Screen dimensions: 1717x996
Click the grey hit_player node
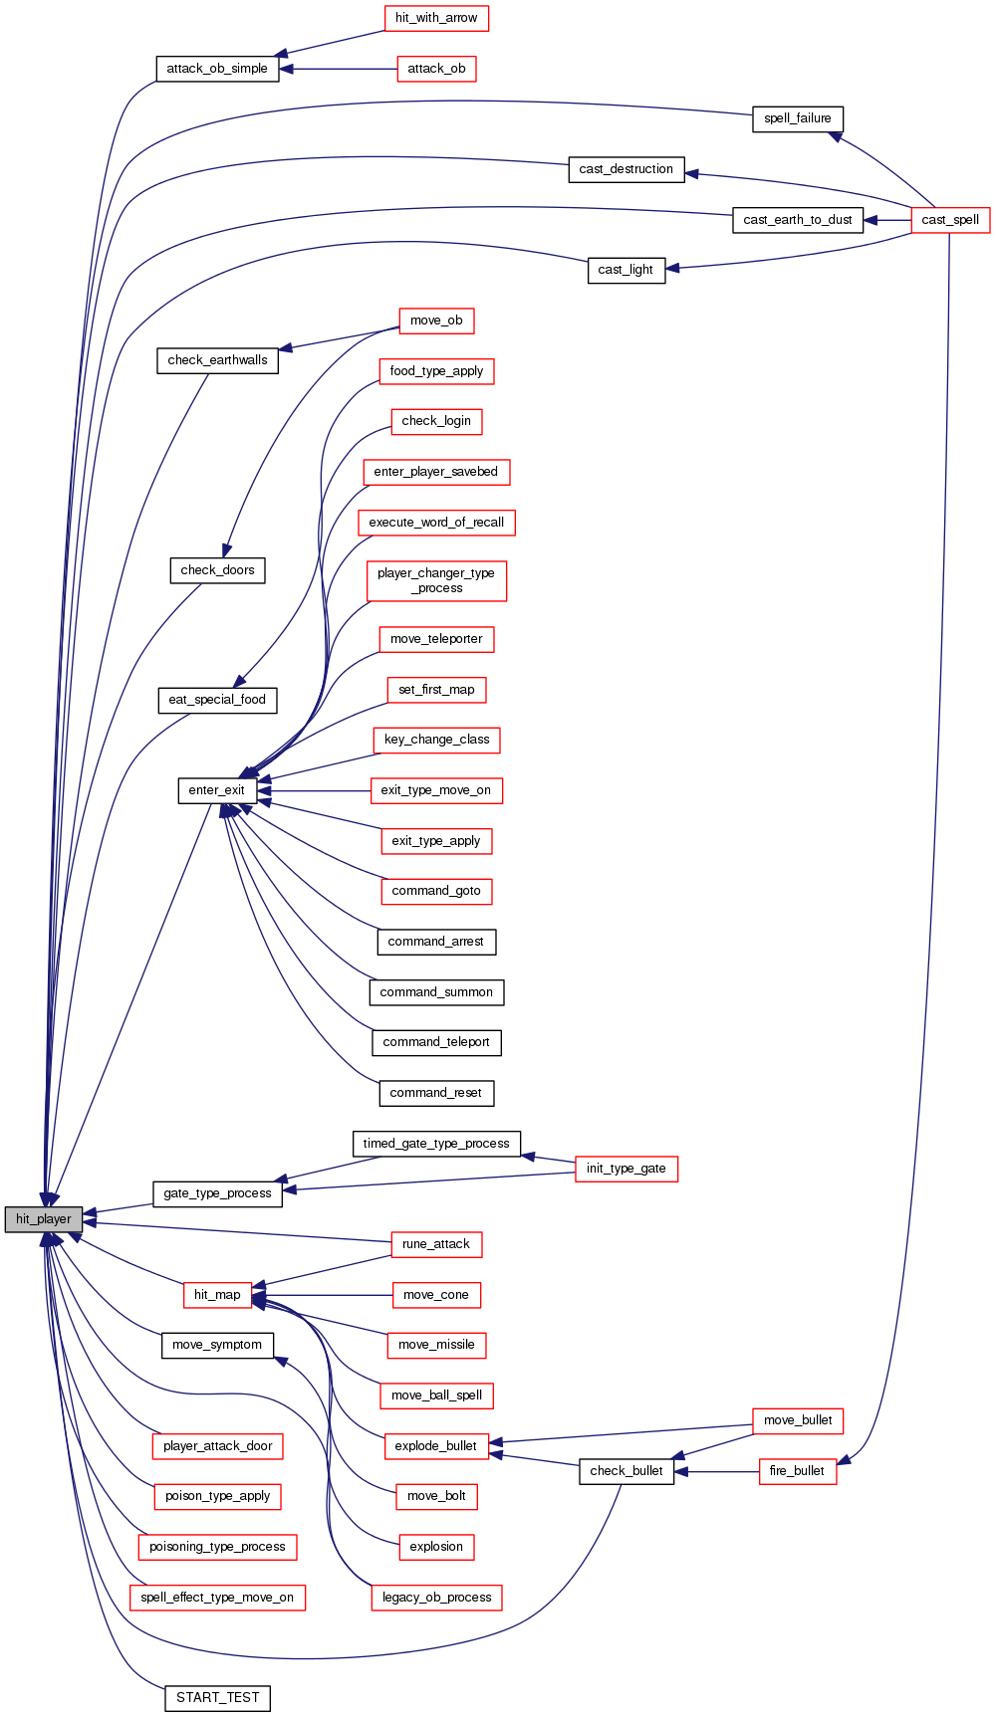point(43,1219)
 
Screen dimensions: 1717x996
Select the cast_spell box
point(949,220)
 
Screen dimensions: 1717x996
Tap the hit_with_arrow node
point(435,18)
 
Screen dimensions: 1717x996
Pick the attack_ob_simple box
point(217,69)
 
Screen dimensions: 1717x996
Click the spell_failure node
point(797,118)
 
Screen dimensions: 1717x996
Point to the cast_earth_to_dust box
point(797,220)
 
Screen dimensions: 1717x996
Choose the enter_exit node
point(216,790)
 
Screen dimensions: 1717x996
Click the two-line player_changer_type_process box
point(436,580)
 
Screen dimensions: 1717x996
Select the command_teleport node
point(436,1042)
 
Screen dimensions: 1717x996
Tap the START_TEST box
point(217,1698)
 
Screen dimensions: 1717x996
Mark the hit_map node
point(217,1295)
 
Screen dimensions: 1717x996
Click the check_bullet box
point(625,1471)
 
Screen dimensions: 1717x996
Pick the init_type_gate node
point(625,1169)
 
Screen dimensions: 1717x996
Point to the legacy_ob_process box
point(436,1598)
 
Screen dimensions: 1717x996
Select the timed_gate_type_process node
point(436,1144)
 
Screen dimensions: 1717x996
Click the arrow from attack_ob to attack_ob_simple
point(339,69)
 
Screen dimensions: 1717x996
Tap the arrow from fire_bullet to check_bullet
point(716,1471)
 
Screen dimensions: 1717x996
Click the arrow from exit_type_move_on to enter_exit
point(314,790)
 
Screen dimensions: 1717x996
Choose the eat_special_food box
point(217,700)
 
